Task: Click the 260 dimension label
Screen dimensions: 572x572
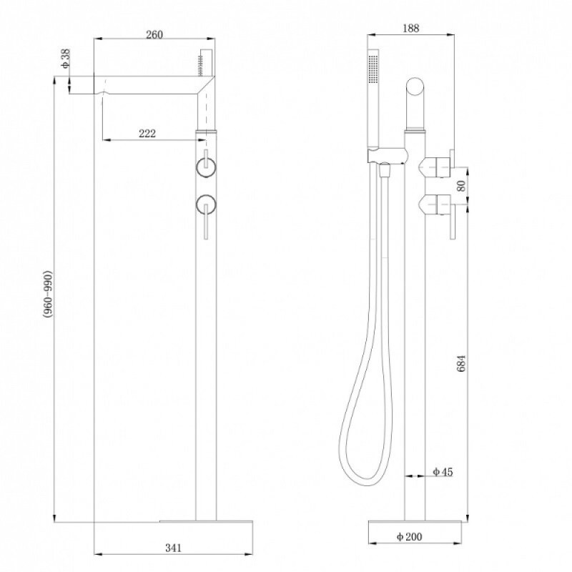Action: pyautogui.click(x=154, y=34)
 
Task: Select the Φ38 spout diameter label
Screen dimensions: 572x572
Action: pyautogui.click(x=65, y=59)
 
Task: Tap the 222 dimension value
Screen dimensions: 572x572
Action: pyautogui.click(x=147, y=134)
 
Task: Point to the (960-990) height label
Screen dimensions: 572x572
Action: pyautogui.click(x=48, y=294)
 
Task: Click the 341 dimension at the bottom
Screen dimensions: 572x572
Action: pyautogui.click(x=173, y=548)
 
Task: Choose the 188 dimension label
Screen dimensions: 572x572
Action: pyautogui.click(x=410, y=28)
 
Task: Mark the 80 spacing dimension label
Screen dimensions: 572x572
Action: pyautogui.click(x=461, y=186)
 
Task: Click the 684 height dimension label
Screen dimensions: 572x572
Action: pyautogui.click(x=461, y=363)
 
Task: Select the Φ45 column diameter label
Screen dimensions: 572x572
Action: pyautogui.click(x=443, y=472)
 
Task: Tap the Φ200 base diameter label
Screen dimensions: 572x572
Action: pyautogui.click(x=409, y=537)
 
